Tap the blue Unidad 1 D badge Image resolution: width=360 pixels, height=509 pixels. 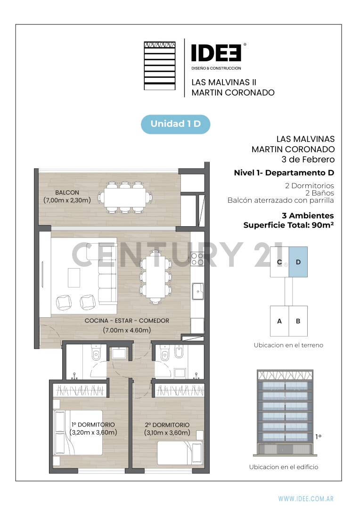point(175,124)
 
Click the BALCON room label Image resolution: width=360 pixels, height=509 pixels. point(67,192)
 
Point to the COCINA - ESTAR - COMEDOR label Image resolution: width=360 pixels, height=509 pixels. point(127,320)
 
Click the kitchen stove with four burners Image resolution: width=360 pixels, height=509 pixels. point(197,258)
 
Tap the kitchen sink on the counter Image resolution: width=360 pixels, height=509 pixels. point(197,291)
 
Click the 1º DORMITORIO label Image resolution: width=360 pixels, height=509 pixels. point(93,424)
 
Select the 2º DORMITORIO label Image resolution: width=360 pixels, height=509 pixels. point(167,425)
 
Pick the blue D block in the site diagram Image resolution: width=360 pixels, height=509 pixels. point(298,262)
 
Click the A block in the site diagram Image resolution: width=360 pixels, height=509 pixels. point(279,321)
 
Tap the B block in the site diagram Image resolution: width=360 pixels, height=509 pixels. point(298,321)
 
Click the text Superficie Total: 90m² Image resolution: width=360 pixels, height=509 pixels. point(288,225)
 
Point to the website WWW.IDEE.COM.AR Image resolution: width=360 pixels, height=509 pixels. point(306,498)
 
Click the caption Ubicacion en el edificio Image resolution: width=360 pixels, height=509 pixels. point(284,467)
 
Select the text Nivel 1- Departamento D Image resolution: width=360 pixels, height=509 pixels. point(284,172)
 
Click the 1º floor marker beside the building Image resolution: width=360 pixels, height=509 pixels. point(319,436)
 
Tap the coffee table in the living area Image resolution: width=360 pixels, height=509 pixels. point(74,278)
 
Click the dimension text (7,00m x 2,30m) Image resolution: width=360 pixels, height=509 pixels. point(67,200)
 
